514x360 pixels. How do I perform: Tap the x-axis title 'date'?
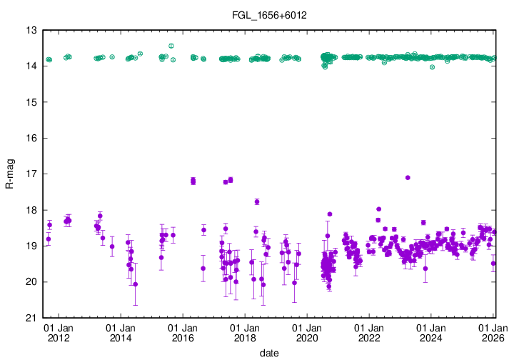(268, 353)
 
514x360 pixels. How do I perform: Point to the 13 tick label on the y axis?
(31, 31)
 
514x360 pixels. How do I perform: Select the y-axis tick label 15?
(31, 102)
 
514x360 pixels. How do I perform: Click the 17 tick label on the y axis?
(31, 174)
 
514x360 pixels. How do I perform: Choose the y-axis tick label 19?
(31, 246)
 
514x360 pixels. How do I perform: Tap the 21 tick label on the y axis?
(31, 318)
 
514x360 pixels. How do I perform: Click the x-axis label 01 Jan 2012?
(58, 332)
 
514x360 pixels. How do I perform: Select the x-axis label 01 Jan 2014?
(120, 332)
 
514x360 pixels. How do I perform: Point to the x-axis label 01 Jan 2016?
(182, 332)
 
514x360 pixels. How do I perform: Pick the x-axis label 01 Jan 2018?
(245, 332)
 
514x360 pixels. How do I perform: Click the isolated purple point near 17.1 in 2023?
(408, 177)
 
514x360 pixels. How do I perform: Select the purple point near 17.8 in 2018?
(257, 201)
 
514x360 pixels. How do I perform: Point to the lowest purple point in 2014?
(136, 284)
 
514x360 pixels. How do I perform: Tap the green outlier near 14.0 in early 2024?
(433, 67)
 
